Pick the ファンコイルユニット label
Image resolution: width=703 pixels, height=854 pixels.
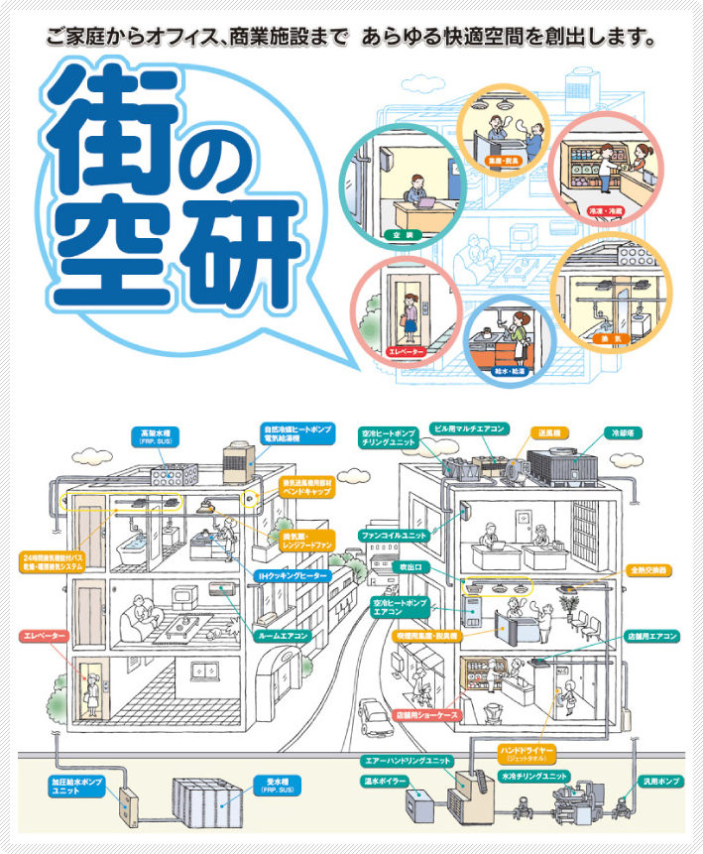pos(395,536)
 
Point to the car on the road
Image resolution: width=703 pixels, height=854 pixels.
pos(375,712)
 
